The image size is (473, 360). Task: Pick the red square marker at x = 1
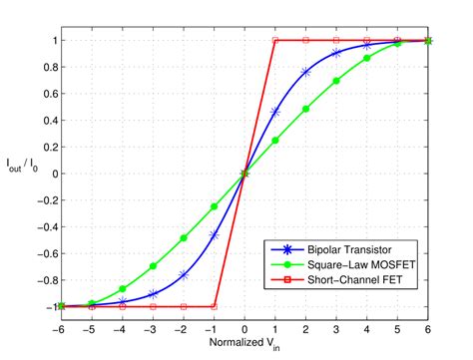(275, 40)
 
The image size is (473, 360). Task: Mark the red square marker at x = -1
(214, 306)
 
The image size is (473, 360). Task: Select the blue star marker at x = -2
(184, 274)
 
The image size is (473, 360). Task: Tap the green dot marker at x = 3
(336, 81)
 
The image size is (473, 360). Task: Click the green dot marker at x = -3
(153, 266)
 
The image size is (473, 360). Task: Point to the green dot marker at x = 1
(275, 140)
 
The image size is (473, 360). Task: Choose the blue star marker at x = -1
(214, 235)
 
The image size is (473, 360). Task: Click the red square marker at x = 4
(367, 40)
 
